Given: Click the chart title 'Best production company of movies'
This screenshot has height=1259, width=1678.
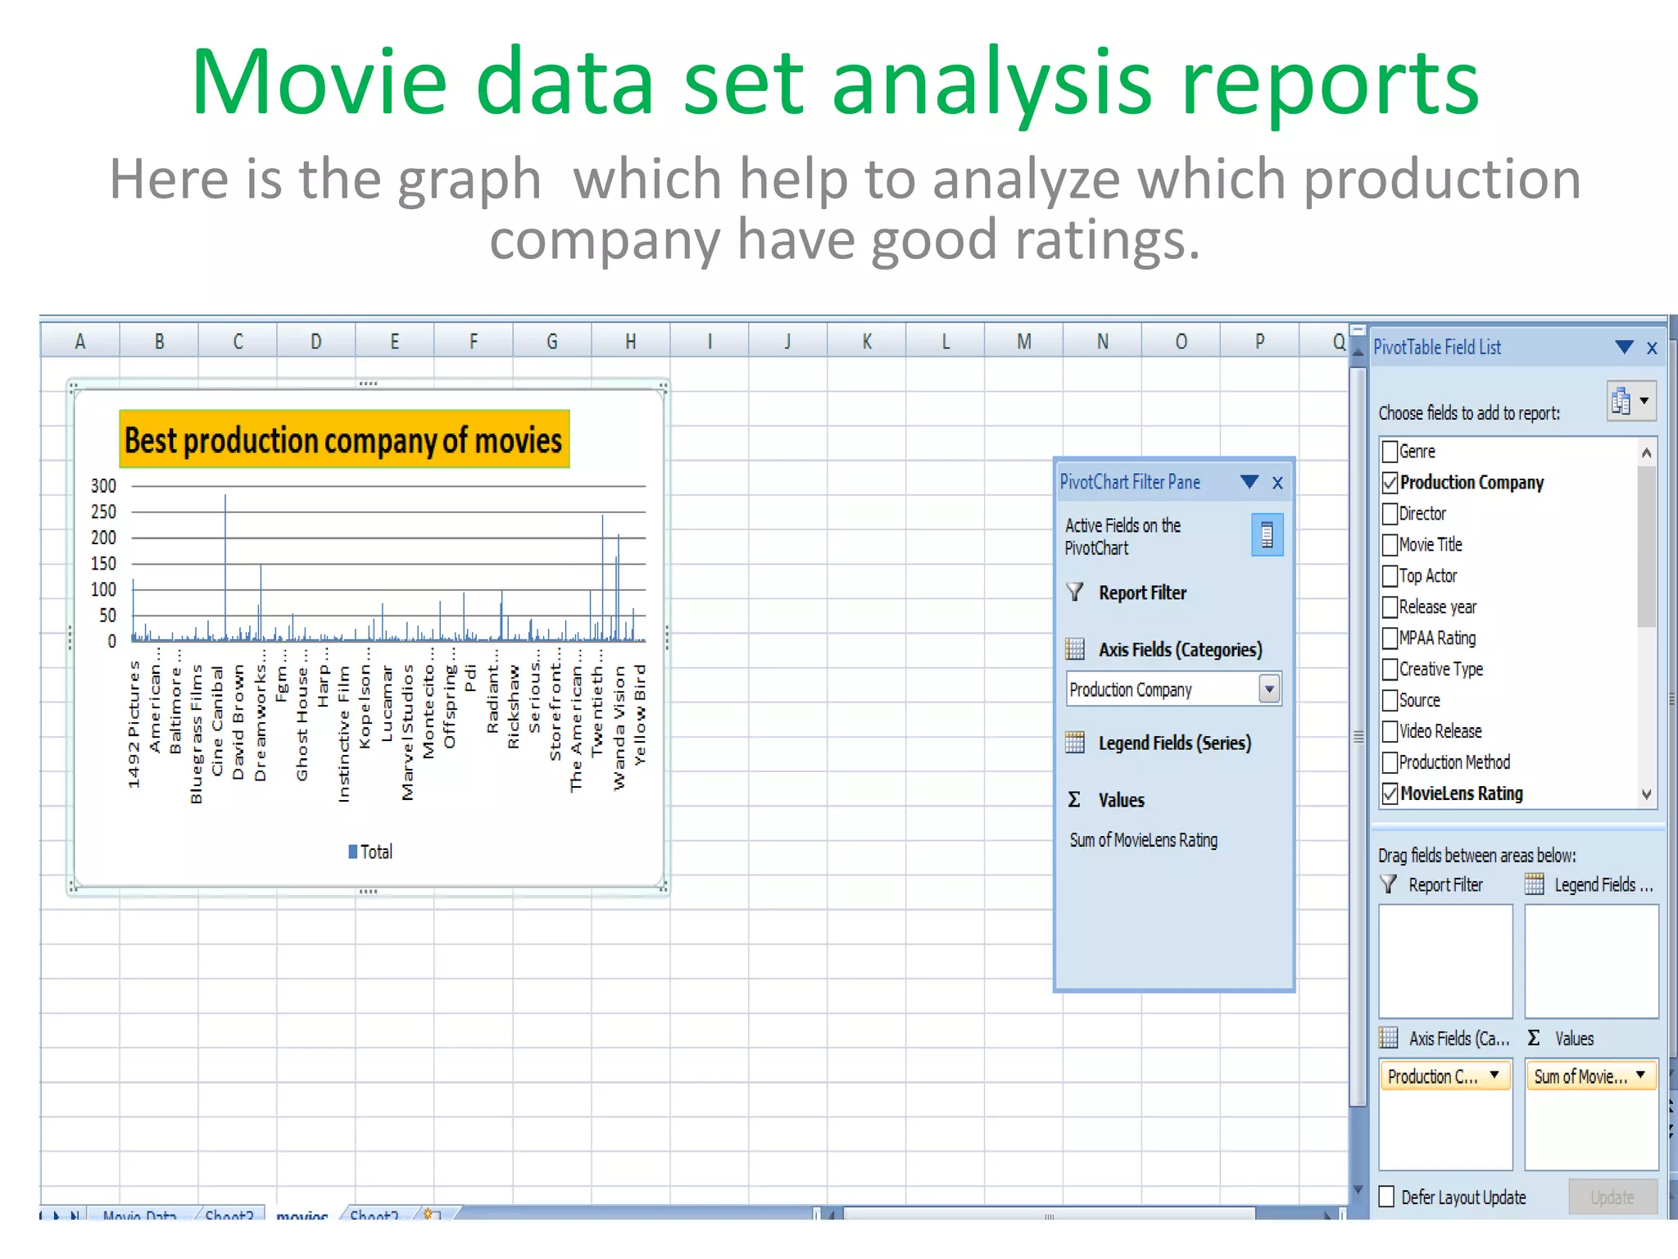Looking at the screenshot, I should tap(343, 440).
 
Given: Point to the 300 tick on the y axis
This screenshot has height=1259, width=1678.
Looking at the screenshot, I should tap(103, 486).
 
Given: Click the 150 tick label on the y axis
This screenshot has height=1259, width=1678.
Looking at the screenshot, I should tap(103, 564).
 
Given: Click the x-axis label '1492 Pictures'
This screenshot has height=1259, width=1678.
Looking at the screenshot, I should tap(134, 725).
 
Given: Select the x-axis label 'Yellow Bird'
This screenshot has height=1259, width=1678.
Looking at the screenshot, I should tap(640, 715).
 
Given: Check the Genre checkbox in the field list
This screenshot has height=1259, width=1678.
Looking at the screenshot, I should tap(1390, 452).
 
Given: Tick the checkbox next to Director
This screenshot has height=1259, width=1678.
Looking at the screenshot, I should tap(1390, 514).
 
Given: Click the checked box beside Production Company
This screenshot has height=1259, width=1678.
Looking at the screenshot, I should tap(1390, 483).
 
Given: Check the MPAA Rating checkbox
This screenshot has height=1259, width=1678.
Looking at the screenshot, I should tap(1390, 639).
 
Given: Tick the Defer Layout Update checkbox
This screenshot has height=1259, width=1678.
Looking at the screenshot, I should tap(1386, 1197).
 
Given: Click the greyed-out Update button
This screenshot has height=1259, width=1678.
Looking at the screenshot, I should tap(1612, 1197).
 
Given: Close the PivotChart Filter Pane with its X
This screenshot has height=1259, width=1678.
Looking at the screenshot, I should tap(1277, 483).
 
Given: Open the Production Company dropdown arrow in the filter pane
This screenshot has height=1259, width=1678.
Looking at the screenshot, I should tap(1269, 689).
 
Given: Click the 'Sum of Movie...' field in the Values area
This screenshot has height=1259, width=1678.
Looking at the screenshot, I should tap(1581, 1076).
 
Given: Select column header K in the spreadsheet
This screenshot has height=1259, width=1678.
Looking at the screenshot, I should tap(867, 341).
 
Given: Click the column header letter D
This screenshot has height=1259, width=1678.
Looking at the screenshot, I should tap(315, 341).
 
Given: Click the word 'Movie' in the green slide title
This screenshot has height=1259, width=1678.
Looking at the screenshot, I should tap(320, 83).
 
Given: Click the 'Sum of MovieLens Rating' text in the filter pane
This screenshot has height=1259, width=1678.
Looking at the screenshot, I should tap(1143, 840).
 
